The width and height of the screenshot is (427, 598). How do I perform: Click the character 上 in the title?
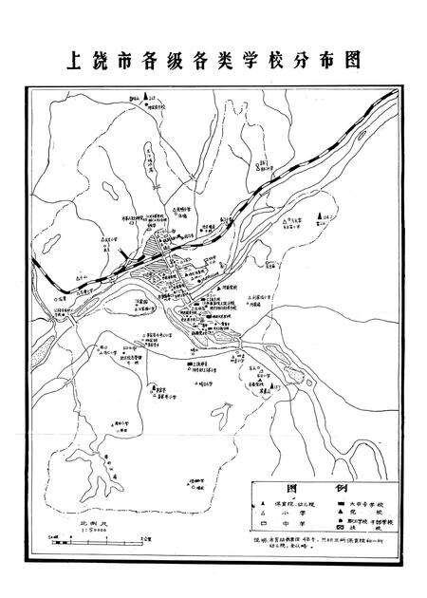point(74,60)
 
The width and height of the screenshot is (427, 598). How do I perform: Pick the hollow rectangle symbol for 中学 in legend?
point(262,522)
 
